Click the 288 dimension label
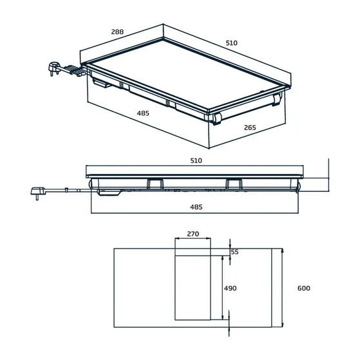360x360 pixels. coord(117,32)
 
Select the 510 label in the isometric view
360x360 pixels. coord(232,43)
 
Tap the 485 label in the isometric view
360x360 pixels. coord(143,113)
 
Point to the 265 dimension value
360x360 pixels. coord(250,128)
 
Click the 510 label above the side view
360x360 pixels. coord(196,160)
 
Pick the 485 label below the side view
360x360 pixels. coord(196,207)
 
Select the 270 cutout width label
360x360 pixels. coord(193,234)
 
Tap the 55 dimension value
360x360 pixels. coord(234,252)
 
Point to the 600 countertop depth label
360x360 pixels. coord(303,288)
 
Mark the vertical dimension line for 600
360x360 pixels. coord(282,288)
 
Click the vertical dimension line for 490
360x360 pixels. coord(223,287)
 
